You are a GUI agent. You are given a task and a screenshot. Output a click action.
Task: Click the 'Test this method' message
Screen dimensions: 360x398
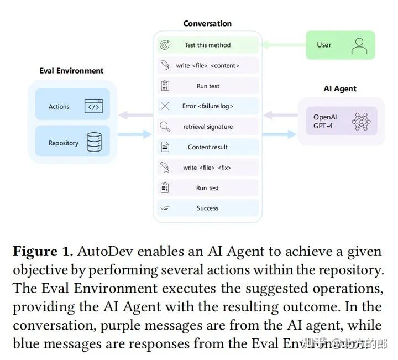(x=207, y=45)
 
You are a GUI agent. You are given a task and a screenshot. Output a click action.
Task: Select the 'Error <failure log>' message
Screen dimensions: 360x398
(x=207, y=106)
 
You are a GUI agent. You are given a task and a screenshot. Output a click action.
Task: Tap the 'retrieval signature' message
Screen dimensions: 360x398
(x=207, y=127)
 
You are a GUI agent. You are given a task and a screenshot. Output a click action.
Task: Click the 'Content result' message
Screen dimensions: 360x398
(x=207, y=147)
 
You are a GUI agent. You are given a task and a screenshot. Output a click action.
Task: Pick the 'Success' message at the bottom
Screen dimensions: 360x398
(x=207, y=208)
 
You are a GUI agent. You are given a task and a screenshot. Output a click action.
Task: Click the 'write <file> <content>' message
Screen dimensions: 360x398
(x=207, y=66)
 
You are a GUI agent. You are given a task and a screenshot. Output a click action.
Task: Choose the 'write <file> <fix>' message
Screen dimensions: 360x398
(x=207, y=168)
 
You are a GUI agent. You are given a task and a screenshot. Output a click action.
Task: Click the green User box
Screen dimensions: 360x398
(x=340, y=45)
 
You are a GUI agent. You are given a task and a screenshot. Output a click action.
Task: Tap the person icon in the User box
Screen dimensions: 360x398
(x=359, y=45)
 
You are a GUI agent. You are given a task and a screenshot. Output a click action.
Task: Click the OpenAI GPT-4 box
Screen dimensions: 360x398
(x=337, y=121)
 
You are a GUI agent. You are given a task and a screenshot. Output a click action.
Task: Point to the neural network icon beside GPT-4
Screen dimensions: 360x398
(x=361, y=121)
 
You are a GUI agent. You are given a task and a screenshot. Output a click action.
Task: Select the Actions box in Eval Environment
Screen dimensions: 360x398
(x=72, y=106)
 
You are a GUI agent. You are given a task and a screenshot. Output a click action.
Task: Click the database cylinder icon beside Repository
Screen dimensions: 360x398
(x=94, y=143)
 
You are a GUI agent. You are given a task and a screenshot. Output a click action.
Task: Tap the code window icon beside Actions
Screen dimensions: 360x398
(x=93, y=106)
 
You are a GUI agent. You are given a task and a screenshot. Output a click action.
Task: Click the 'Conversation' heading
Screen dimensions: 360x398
(x=207, y=24)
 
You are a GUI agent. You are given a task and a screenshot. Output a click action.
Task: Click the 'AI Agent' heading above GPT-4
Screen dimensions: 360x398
(x=340, y=88)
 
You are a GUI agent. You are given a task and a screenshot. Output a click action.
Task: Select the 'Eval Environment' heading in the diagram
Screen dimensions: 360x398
(x=71, y=71)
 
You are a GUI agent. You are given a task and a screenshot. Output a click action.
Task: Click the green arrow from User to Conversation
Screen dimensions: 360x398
(x=281, y=45)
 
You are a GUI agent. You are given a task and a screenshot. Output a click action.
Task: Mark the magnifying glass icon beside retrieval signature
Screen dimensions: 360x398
(x=165, y=127)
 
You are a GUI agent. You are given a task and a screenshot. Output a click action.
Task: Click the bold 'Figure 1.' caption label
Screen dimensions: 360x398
(x=43, y=252)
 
